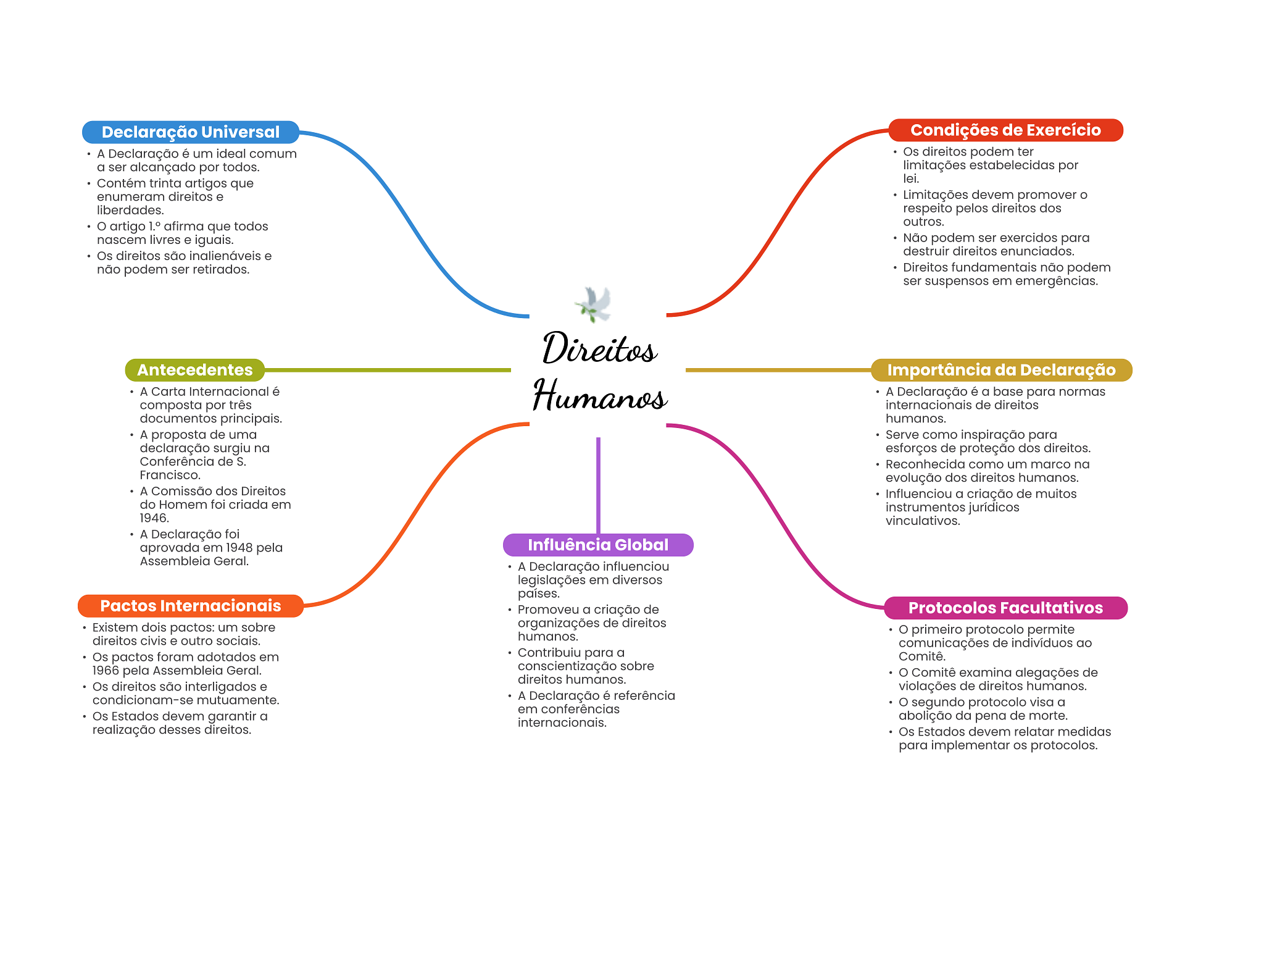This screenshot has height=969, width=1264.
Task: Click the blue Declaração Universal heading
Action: pos(190,132)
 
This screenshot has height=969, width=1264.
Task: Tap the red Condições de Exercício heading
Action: pos(1005,130)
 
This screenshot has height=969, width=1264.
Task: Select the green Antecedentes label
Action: pos(194,370)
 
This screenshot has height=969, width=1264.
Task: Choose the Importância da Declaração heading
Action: pos(1000,370)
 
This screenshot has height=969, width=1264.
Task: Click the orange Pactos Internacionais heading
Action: pos(190,606)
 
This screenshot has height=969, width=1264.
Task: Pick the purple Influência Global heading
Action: pos(597,545)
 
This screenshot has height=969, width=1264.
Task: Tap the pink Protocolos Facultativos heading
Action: pos(1005,608)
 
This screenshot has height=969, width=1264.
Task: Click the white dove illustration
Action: pos(594,304)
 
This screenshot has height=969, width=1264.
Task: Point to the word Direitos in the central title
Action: pos(599,349)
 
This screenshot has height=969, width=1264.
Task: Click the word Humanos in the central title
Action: pos(599,396)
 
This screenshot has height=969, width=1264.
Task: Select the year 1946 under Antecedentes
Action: pos(154,518)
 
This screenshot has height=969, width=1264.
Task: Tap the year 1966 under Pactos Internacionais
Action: pos(106,671)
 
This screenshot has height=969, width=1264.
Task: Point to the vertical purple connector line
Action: pos(598,485)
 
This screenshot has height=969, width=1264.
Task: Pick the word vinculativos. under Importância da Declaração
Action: pos(923,521)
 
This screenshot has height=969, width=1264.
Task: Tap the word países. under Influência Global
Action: pos(538,594)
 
